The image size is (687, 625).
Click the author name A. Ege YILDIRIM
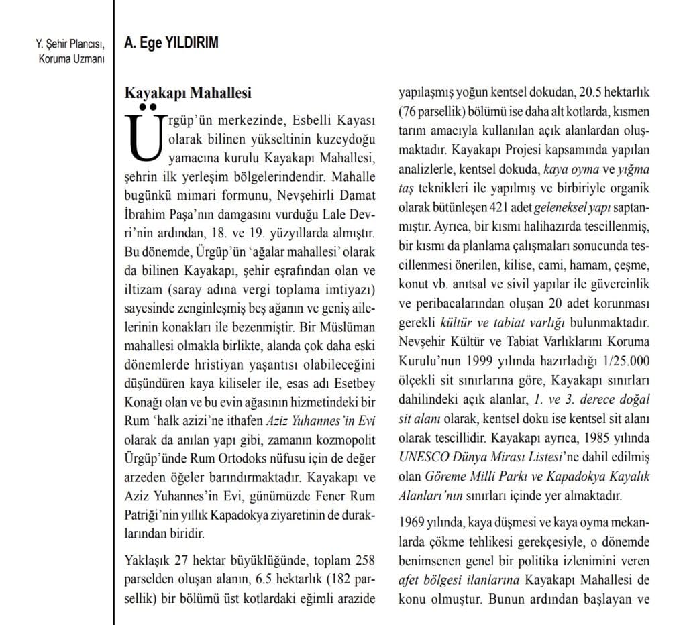point(171,44)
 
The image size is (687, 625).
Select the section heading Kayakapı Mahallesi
point(189,92)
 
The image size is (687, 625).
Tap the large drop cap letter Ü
point(143,135)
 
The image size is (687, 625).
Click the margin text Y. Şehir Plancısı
point(70,46)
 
